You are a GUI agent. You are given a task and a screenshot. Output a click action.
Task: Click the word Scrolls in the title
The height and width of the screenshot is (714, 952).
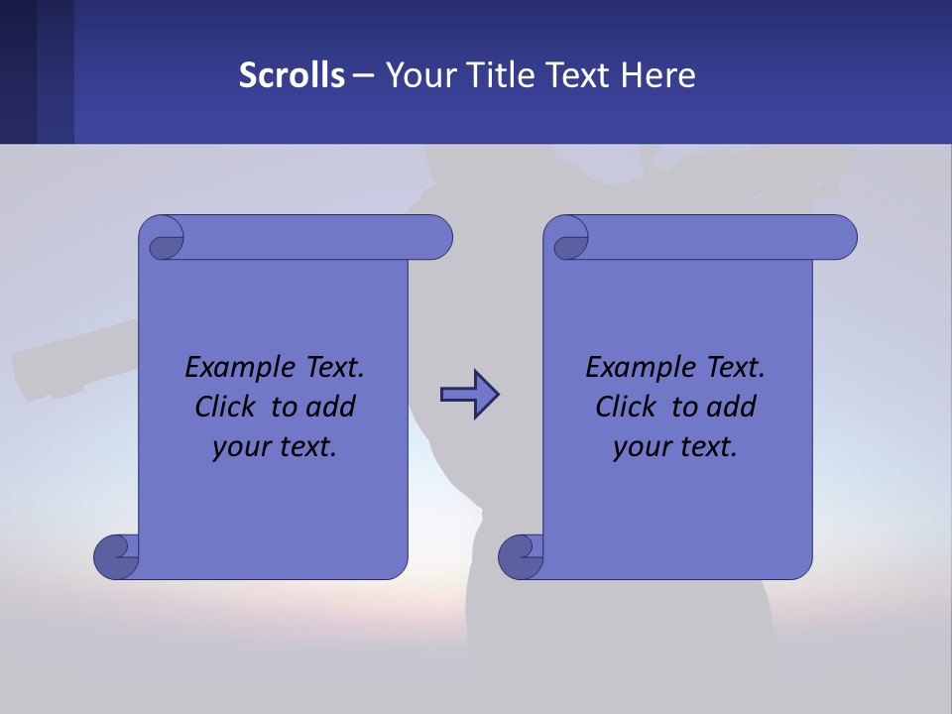[292, 75]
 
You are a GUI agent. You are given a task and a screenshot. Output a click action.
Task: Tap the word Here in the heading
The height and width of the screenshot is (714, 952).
[657, 75]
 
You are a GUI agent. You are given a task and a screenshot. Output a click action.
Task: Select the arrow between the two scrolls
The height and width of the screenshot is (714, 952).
[470, 395]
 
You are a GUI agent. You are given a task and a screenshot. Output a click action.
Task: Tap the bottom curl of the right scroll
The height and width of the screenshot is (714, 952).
[522, 556]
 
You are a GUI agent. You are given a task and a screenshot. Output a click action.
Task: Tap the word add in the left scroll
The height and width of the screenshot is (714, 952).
[331, 407]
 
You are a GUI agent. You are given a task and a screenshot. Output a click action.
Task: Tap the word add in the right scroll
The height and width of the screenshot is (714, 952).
[732, 407]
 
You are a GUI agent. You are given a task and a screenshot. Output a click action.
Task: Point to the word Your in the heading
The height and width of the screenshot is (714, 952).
[416, 75]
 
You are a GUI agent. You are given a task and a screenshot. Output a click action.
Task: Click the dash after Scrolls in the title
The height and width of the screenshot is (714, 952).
[363, 75]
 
